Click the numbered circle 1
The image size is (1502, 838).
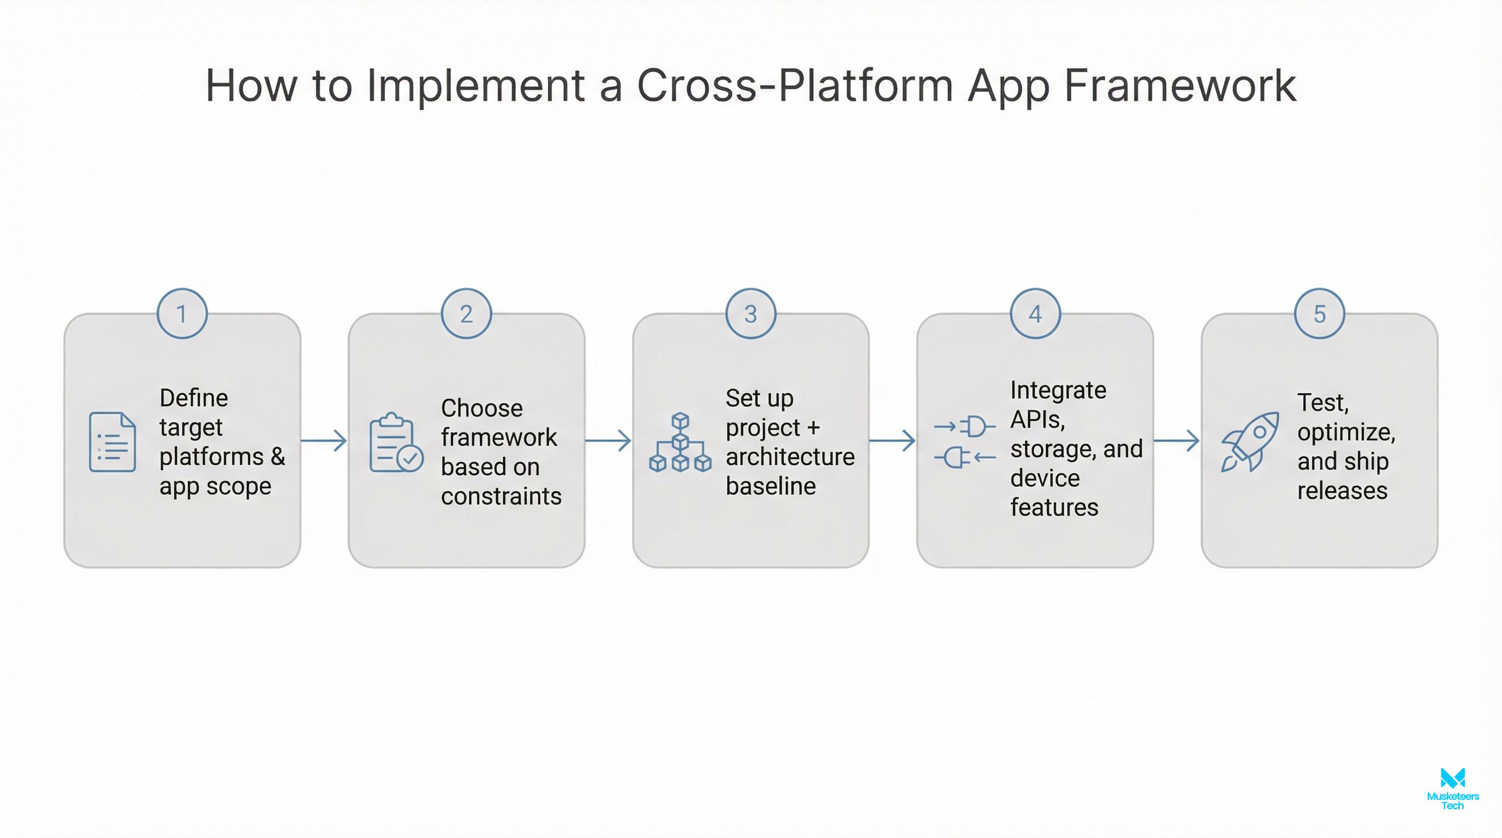182,314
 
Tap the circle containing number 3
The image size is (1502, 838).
750,314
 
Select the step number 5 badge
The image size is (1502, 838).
1320,314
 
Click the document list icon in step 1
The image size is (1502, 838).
112,442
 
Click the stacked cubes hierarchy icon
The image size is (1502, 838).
680,442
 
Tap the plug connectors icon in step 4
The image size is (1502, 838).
964,442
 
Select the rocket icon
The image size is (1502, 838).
1249,441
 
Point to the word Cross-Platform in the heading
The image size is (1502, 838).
795,86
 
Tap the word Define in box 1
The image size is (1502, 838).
194,398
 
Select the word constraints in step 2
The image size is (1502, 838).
501,496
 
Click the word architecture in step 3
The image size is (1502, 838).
790,456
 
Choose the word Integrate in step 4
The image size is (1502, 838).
1058,390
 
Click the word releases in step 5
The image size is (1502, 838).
1342,490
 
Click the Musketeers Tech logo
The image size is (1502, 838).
1452,788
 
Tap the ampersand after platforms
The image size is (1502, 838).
278,456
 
